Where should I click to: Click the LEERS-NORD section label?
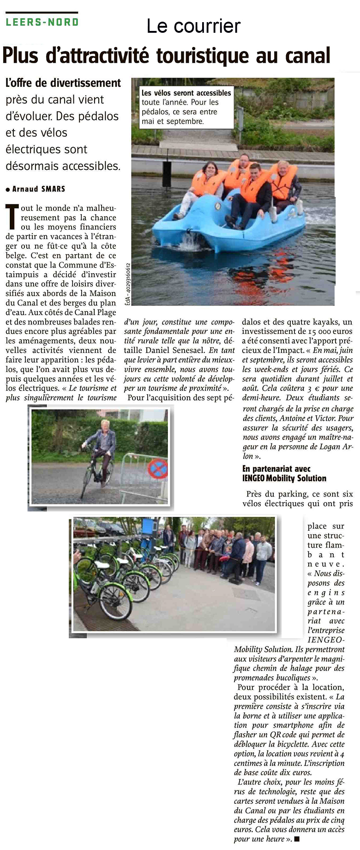(42, 21)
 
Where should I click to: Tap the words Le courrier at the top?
(193, 26)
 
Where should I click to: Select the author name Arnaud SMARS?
(38, 189)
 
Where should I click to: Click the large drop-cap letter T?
(12, 217)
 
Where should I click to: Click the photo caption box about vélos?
(186, 107)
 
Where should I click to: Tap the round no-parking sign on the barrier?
(157, 470)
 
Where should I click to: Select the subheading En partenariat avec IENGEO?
(284, 473)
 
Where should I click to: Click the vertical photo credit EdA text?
(127, 284)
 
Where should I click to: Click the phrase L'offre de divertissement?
(63, 83)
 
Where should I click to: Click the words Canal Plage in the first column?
(97, 312)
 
